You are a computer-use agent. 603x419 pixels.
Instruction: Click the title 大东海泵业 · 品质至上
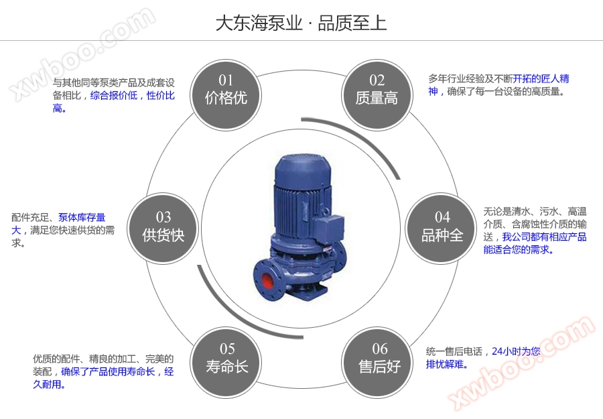click(301, 23)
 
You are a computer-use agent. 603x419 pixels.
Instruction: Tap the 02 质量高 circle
click(377, 90)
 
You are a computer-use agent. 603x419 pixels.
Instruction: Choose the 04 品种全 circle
click(442, 226)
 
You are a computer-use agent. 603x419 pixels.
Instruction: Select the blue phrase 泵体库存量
click(82, 217)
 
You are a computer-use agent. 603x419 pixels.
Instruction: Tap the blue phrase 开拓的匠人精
click(541, 78)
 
